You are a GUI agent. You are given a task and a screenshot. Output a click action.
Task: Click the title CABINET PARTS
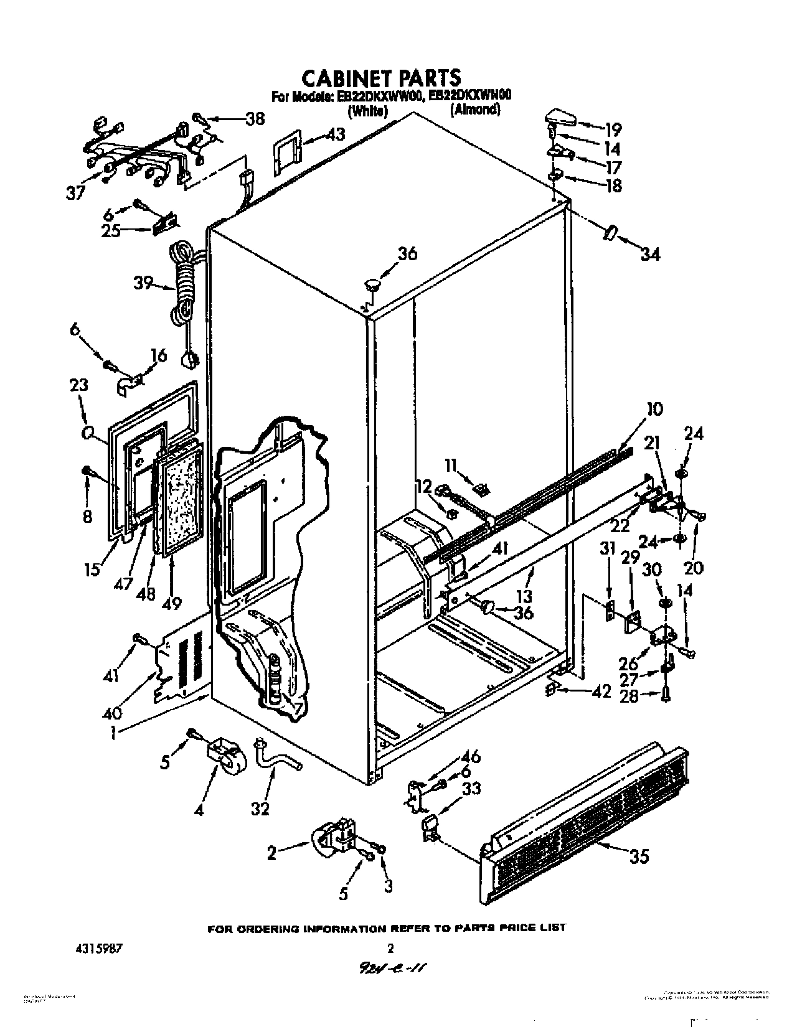click(381, 77)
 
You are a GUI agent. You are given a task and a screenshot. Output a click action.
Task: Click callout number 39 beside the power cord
click(143, 283)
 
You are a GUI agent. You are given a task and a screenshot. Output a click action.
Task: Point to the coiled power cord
click(184, 283)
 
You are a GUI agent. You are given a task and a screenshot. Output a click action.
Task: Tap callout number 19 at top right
click(613, 129)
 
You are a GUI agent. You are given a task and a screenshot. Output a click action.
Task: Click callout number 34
click(649, 253)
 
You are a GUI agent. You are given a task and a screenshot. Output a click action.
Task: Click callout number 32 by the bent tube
click(261, 809)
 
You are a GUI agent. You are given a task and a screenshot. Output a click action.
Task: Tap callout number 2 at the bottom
click(271, 853)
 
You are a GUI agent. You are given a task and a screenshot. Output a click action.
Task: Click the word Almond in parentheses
click(475, 110)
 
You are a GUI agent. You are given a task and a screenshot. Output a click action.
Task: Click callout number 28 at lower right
click(629, 695)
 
